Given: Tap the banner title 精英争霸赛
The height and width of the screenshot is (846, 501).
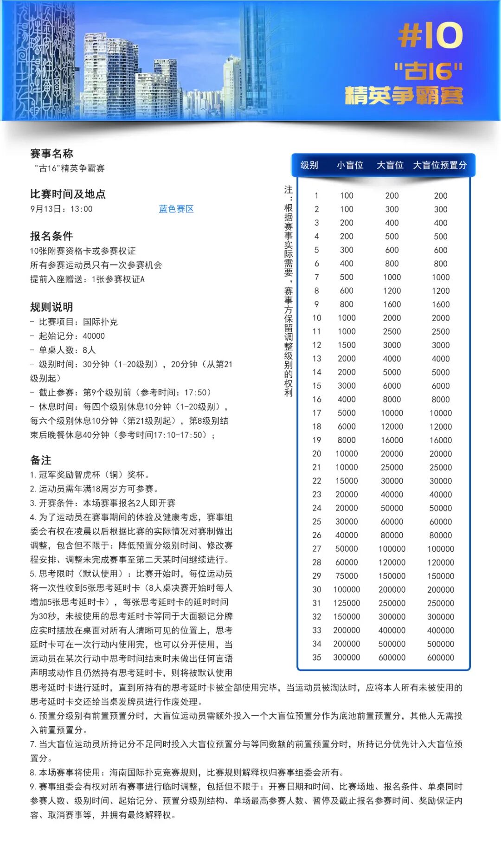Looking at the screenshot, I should [x=404, y=95].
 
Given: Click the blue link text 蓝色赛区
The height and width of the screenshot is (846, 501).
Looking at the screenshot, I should [x=176, y=209].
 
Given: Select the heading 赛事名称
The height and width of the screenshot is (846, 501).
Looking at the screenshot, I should [x=51, y=154].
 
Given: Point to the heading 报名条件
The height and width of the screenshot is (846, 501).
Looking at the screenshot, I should [x=51, y=236].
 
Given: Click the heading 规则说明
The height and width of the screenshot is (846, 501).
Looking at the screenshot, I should [x=51, y=307].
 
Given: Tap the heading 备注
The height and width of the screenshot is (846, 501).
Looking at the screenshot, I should [x=41, y=460].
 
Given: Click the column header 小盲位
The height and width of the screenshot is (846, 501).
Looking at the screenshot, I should [x=350, y=165].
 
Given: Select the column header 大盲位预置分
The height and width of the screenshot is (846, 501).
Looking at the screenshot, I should [x=440, y=165].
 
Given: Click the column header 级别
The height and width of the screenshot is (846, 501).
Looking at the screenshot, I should [x=309, y=165].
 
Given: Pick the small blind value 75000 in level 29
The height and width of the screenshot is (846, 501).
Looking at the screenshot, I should [x=347, y=576].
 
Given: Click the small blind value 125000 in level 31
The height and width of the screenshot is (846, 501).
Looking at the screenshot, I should [x=347, y=603].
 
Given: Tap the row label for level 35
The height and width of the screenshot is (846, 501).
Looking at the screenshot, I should [x=316, y=657].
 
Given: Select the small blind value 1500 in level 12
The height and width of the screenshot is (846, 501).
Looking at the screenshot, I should [x=347, y=345].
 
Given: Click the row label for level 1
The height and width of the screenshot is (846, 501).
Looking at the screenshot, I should [x=316, y=196].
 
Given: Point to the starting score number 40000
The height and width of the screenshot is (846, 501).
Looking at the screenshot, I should [x=94, y=336].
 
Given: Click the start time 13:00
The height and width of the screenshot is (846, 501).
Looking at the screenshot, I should [x=82, y=209].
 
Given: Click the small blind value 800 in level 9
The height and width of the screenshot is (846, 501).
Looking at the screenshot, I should [x=347, y=304].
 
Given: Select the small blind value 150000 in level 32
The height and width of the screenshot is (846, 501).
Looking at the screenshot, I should [x=347, y=617].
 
